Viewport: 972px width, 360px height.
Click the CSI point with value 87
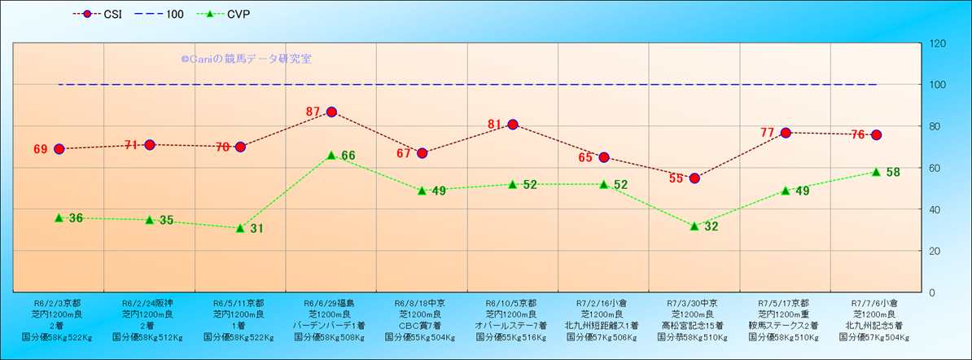(331, 112)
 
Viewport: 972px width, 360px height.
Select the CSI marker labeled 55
(694, 178)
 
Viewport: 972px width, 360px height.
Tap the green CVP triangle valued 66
(331, 155)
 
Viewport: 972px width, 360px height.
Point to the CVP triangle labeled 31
(240, 228)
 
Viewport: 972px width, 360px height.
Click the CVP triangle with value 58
(876, 172)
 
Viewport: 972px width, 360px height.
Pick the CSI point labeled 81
(513, 125)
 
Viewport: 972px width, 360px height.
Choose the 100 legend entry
(167, 14)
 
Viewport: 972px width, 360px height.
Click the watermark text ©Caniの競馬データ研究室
(246, 59)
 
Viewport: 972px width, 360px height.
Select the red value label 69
(41, 150)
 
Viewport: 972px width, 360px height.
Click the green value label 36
(76, 218)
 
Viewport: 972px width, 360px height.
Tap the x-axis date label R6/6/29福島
(331, 302)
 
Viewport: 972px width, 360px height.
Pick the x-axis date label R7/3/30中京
(694, 302)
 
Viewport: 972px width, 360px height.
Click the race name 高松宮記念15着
(694, 325)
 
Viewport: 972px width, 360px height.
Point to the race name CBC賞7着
(422, 325)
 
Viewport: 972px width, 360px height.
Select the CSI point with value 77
(786, 133)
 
